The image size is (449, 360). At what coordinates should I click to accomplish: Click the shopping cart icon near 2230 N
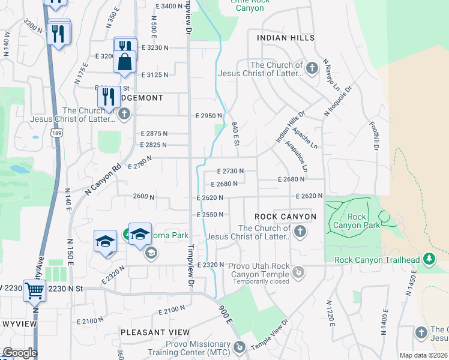(35, 291)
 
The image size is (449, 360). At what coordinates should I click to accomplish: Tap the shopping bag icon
(124, 62)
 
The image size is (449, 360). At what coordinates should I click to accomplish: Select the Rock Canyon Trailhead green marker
(429, 259)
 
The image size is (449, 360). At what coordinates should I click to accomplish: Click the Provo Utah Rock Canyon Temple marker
(298, 273)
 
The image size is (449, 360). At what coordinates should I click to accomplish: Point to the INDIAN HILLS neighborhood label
(285, 38)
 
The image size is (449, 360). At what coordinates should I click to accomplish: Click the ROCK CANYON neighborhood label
(285, 216)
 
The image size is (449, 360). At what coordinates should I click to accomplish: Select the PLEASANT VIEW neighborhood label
(155, 332)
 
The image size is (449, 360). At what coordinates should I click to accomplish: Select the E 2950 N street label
(209, 115)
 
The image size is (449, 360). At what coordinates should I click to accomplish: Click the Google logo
(20, 353)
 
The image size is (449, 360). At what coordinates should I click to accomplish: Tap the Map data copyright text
(423, 355)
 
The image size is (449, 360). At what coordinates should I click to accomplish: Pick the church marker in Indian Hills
(312, 68)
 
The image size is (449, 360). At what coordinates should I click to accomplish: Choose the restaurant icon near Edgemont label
(108, 96)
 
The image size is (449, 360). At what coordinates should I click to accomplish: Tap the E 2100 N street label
(172, 310)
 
